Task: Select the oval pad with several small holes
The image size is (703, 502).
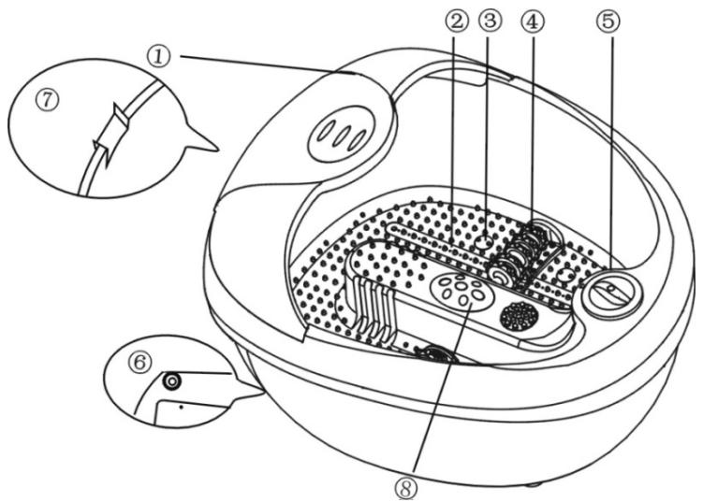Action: (x=458, y=292)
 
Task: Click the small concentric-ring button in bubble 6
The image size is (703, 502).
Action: (x=171, y=381)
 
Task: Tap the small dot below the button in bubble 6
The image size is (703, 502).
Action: (x=180, y=409)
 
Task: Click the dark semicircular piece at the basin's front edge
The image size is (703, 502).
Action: (x=432, y=353)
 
